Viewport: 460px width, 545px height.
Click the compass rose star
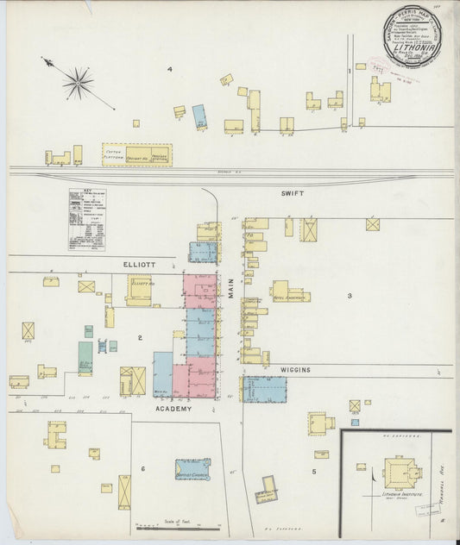(79, 83)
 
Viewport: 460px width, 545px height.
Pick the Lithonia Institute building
(398, 472)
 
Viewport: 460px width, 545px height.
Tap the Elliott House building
(139, 290)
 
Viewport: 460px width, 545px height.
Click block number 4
(170, 69)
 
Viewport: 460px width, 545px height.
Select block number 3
(349, 296)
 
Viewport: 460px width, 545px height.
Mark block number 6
(143, 468)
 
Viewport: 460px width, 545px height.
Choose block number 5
(314, 471)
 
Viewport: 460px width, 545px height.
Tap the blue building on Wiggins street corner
(264, 389)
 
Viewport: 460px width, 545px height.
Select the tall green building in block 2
(85, 357)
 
